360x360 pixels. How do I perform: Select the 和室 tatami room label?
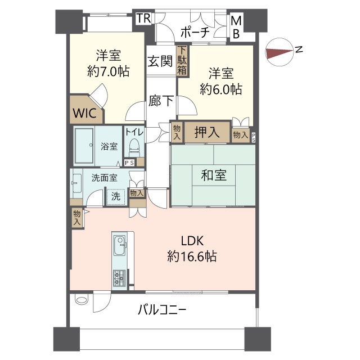pyautogui.click(x=214, y=175)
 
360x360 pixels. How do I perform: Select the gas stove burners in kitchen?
pyautogui.click(x=120, y=277)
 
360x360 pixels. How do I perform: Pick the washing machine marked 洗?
pyautogui.click(x=115, y=197)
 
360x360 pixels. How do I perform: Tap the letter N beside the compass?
pyautogui.click(x=299, y=50)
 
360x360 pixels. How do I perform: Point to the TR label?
pyautogui.click(x=143, y=18)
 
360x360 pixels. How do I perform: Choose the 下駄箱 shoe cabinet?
pyautogui.click(x=182, y=61)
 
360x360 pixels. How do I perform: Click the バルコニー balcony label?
pyautogui.click(x=161, y=309)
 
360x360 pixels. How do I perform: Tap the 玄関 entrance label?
pyautogui.click(x=160, y=62)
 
